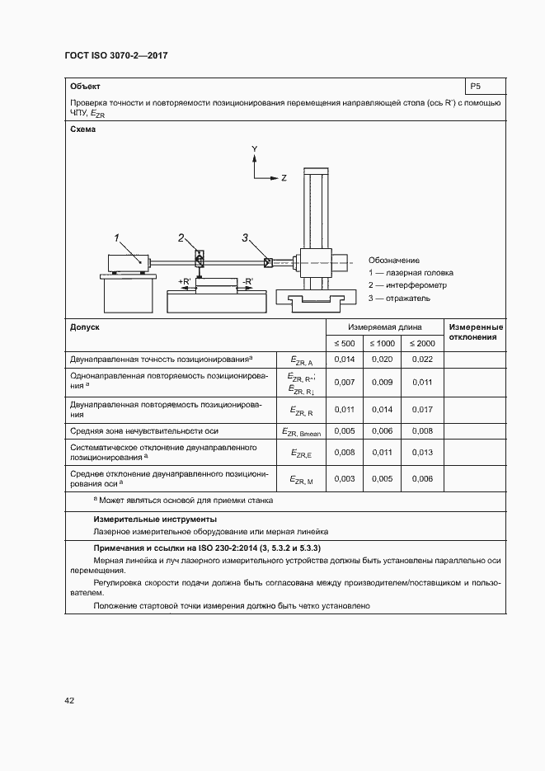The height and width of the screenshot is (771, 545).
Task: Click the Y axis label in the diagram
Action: point(255,148)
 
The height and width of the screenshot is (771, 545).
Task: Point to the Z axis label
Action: point(284,177)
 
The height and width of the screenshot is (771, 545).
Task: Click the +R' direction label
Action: point(184,282)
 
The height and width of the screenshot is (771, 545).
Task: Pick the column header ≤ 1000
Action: point(382,343)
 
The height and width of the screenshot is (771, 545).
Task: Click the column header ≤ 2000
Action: point(421,343)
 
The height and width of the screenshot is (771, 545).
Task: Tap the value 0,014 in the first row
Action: point(343,359)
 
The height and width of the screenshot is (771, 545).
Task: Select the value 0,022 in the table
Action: point(421,359)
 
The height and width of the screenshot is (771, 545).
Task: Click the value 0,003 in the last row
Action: point(343,479)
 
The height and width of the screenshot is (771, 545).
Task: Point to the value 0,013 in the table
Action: point(421,452)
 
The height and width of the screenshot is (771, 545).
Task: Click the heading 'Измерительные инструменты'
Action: point(155,519)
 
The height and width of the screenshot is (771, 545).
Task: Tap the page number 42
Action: point(70,700)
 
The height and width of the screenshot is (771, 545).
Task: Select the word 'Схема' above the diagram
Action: point(83,129)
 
